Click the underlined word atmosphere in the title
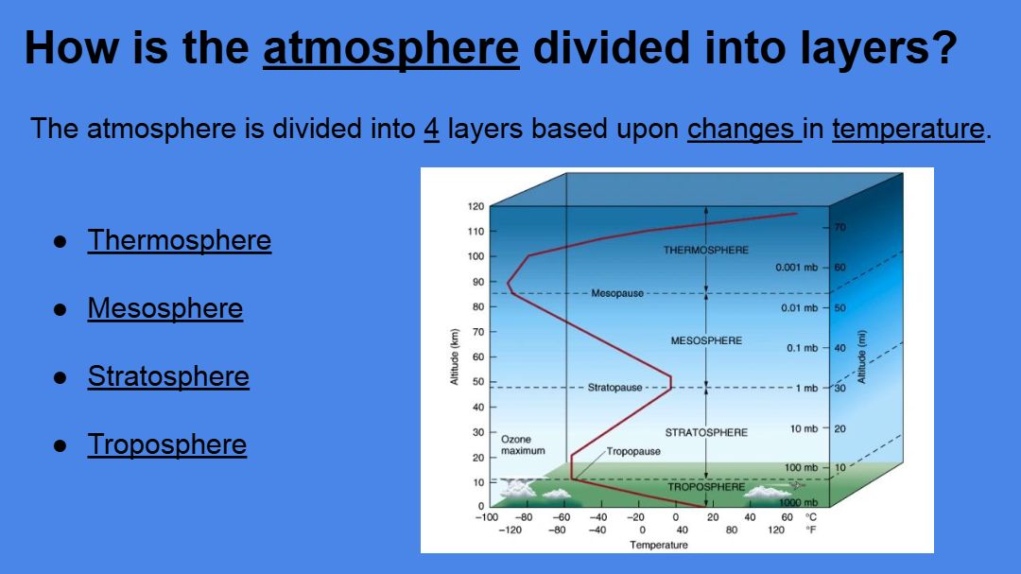click(x=391, y=48)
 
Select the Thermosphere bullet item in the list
click(x=179, y=240)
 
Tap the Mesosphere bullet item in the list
click(x=165, y=308)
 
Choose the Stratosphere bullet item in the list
click(x=168, y=376)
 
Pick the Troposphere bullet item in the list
click(x=167, y=445)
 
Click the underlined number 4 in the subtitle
click(x=431, y=129)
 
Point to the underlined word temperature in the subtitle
click(x=909, y=129)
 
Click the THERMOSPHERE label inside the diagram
click(x=706, y=251)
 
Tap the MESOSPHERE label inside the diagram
click(x=706, y=340)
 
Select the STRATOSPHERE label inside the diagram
click(x=706, y=432)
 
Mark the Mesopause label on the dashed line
click(x=617, y=294)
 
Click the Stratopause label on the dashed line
click(x=614, y=388)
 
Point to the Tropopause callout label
click(x=633, y=451)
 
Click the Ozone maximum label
click(x=523, y=445)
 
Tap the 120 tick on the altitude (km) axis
click(x=476, y=206)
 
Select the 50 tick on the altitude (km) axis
click(x=478, y=382)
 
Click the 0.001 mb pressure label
click(x=796, y=268)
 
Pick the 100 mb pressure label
click(x=801, y=468)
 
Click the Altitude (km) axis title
click(x=455, y=357)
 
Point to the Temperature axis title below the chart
click(x=658, y=545)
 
